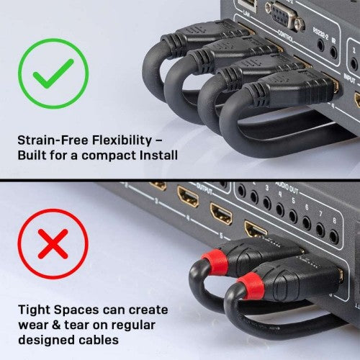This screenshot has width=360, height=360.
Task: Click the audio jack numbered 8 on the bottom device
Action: pyautogui.click(x=333, y=235)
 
